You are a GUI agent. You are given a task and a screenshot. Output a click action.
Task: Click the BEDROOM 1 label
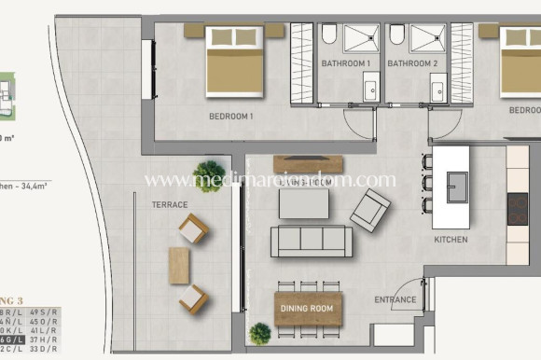pos(230,116)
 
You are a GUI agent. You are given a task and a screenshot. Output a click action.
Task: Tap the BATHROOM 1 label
pos(346,63)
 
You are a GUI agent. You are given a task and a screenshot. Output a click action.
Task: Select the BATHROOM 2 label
pos(412,63)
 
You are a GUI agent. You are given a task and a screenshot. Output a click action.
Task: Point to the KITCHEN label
pos(451,240)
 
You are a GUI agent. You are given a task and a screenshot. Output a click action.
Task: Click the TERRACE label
pos(169,204)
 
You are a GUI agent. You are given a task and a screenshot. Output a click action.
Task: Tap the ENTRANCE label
pos(395,299)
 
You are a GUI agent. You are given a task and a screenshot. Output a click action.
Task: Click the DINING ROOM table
pos(308,309)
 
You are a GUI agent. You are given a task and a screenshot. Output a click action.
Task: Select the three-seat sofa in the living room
pos(311,241)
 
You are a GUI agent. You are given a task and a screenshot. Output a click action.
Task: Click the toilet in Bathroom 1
pos(329,35)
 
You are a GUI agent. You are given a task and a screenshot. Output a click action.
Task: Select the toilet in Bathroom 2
pos(397,35)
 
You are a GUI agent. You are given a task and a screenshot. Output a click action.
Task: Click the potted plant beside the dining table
pos(261,332)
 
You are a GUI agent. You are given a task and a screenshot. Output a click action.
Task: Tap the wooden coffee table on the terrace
pos(178,264)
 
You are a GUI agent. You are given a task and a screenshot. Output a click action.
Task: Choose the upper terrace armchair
pos(194,228)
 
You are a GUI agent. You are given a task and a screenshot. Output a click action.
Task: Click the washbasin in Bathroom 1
pos(371,90)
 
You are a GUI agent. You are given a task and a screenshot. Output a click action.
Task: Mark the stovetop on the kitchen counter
pos(517,209)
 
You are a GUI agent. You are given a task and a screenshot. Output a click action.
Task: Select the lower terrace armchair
pos(193,298)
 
